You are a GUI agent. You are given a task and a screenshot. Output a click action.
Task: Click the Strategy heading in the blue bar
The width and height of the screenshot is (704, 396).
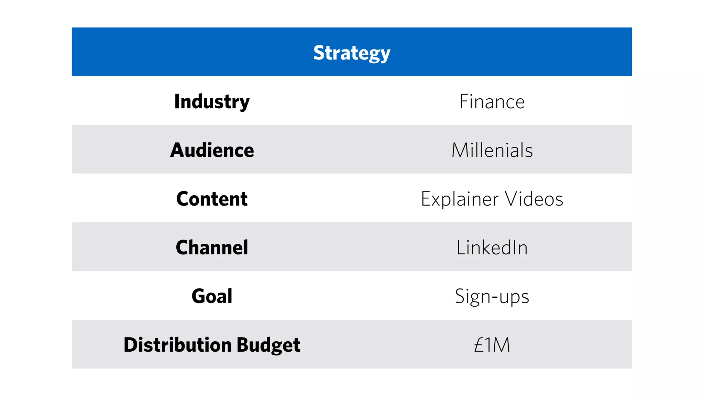point(352,53)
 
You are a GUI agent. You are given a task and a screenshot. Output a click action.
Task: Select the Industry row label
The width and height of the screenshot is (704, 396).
point(212,102)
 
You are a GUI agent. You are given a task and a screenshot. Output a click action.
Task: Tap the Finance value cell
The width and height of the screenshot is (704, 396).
point(492,102)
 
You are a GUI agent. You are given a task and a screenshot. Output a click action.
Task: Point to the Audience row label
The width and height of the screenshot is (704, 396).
point(212,150)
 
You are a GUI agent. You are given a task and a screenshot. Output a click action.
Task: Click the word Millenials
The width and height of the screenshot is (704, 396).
point(492,150)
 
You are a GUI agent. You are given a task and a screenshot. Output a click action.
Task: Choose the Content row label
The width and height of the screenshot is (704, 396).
point(212,199)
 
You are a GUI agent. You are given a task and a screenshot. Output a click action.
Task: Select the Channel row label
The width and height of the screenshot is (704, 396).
point(212,247)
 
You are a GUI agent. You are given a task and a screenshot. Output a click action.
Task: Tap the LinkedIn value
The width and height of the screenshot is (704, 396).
point(492,247)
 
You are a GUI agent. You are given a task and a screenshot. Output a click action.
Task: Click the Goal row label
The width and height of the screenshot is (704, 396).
point(212,296)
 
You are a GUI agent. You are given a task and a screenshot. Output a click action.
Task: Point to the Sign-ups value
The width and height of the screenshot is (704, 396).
point(492,296)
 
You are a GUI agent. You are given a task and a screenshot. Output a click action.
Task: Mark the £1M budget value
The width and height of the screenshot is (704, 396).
point(492,345)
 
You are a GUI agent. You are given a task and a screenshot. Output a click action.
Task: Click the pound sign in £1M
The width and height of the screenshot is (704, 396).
point(479,345)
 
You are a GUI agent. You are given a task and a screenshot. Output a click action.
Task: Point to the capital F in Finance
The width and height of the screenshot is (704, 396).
point(464,102)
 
